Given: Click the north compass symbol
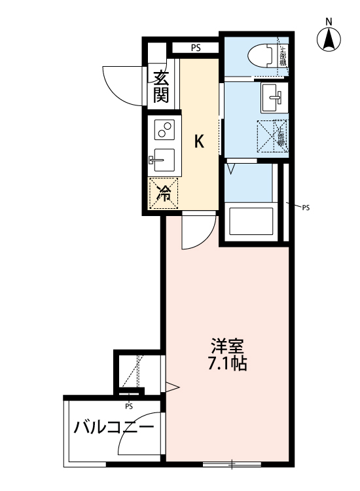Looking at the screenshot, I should click(x=329, y=41).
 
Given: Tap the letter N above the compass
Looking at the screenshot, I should click(x=329, y=21).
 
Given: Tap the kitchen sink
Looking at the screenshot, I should click(x=163, y=160).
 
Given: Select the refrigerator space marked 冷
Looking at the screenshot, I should click(x=164, y=193).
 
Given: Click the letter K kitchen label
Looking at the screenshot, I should click(x=200, y=141).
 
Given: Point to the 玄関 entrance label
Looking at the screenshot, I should click(x=162, y=86).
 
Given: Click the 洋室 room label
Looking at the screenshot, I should click(x=225, y=345).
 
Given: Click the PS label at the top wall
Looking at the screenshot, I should click(x=196, y=48).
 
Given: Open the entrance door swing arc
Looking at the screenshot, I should click(x=122, y=84).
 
